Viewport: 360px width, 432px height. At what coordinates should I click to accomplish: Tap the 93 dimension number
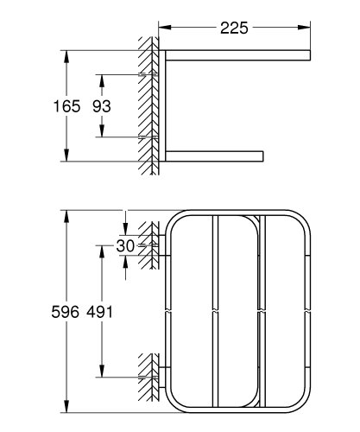102,106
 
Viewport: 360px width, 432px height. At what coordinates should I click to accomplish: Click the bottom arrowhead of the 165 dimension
67,156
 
